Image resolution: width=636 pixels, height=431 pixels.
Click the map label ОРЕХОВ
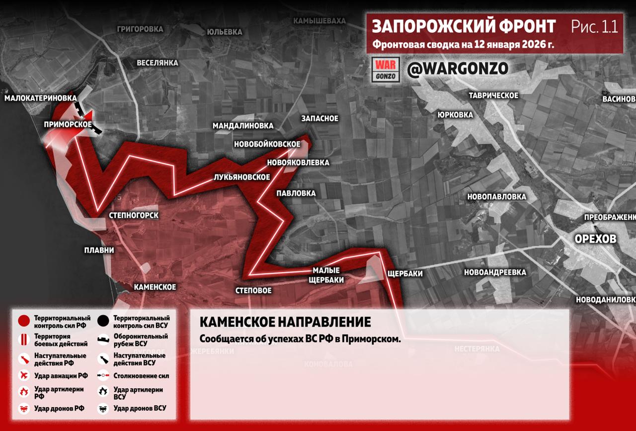point(595,239)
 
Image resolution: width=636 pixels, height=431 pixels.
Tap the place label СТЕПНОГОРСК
point(134,215)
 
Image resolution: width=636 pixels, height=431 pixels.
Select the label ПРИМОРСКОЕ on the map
point(68,124)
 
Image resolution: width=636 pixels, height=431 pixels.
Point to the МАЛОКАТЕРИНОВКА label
point(41,98)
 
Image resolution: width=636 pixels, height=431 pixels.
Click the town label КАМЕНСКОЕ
point(155,287)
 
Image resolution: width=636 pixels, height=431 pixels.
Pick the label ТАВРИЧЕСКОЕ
point(493,95)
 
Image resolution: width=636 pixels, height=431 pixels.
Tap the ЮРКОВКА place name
point(455,115)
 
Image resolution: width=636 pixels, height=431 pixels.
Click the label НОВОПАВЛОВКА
point(496,197)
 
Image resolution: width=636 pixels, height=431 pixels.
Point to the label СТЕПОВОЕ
point(253,290)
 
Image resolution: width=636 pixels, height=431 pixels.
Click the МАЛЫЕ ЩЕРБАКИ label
point(326,275)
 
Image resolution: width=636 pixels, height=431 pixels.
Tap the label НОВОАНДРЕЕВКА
point(495,272)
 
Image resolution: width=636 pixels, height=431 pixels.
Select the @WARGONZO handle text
point(458,69)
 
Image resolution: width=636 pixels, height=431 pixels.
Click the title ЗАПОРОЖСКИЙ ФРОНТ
point(464,26)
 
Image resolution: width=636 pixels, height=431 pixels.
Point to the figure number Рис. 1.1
point(594,26)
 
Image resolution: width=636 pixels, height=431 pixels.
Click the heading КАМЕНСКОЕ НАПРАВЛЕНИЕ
point(285,322)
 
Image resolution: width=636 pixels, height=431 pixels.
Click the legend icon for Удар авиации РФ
point(23,375)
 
